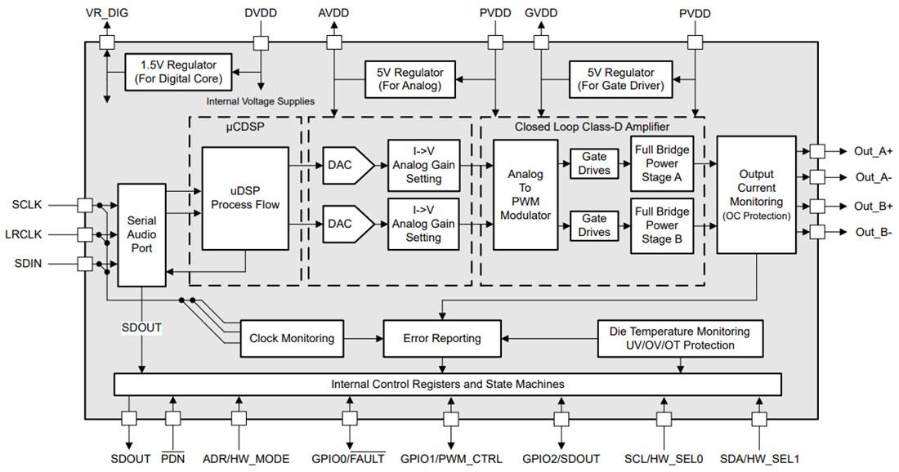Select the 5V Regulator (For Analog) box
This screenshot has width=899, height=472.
409,78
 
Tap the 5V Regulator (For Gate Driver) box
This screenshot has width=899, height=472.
621,78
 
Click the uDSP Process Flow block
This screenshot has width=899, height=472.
245,198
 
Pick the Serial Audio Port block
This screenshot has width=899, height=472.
142,234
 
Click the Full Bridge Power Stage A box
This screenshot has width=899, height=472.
662,163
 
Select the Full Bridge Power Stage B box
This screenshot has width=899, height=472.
662,225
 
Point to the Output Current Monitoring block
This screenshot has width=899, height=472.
756,194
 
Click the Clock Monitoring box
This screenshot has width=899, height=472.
291,338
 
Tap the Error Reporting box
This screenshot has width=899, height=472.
442,338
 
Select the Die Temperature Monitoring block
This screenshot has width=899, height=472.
678,338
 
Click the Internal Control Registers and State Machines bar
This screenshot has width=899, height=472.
447,383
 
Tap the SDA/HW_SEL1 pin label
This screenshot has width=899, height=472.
758,459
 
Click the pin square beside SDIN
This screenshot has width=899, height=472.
83,263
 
